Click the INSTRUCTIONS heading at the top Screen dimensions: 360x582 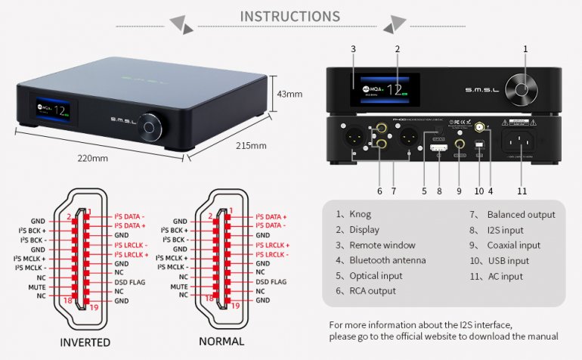289,16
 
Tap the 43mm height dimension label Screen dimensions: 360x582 289,95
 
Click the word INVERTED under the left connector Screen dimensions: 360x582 85,342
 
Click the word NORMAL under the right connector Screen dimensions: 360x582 221,342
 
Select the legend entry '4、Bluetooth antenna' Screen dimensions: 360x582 380,260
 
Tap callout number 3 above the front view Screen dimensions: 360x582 353,49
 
